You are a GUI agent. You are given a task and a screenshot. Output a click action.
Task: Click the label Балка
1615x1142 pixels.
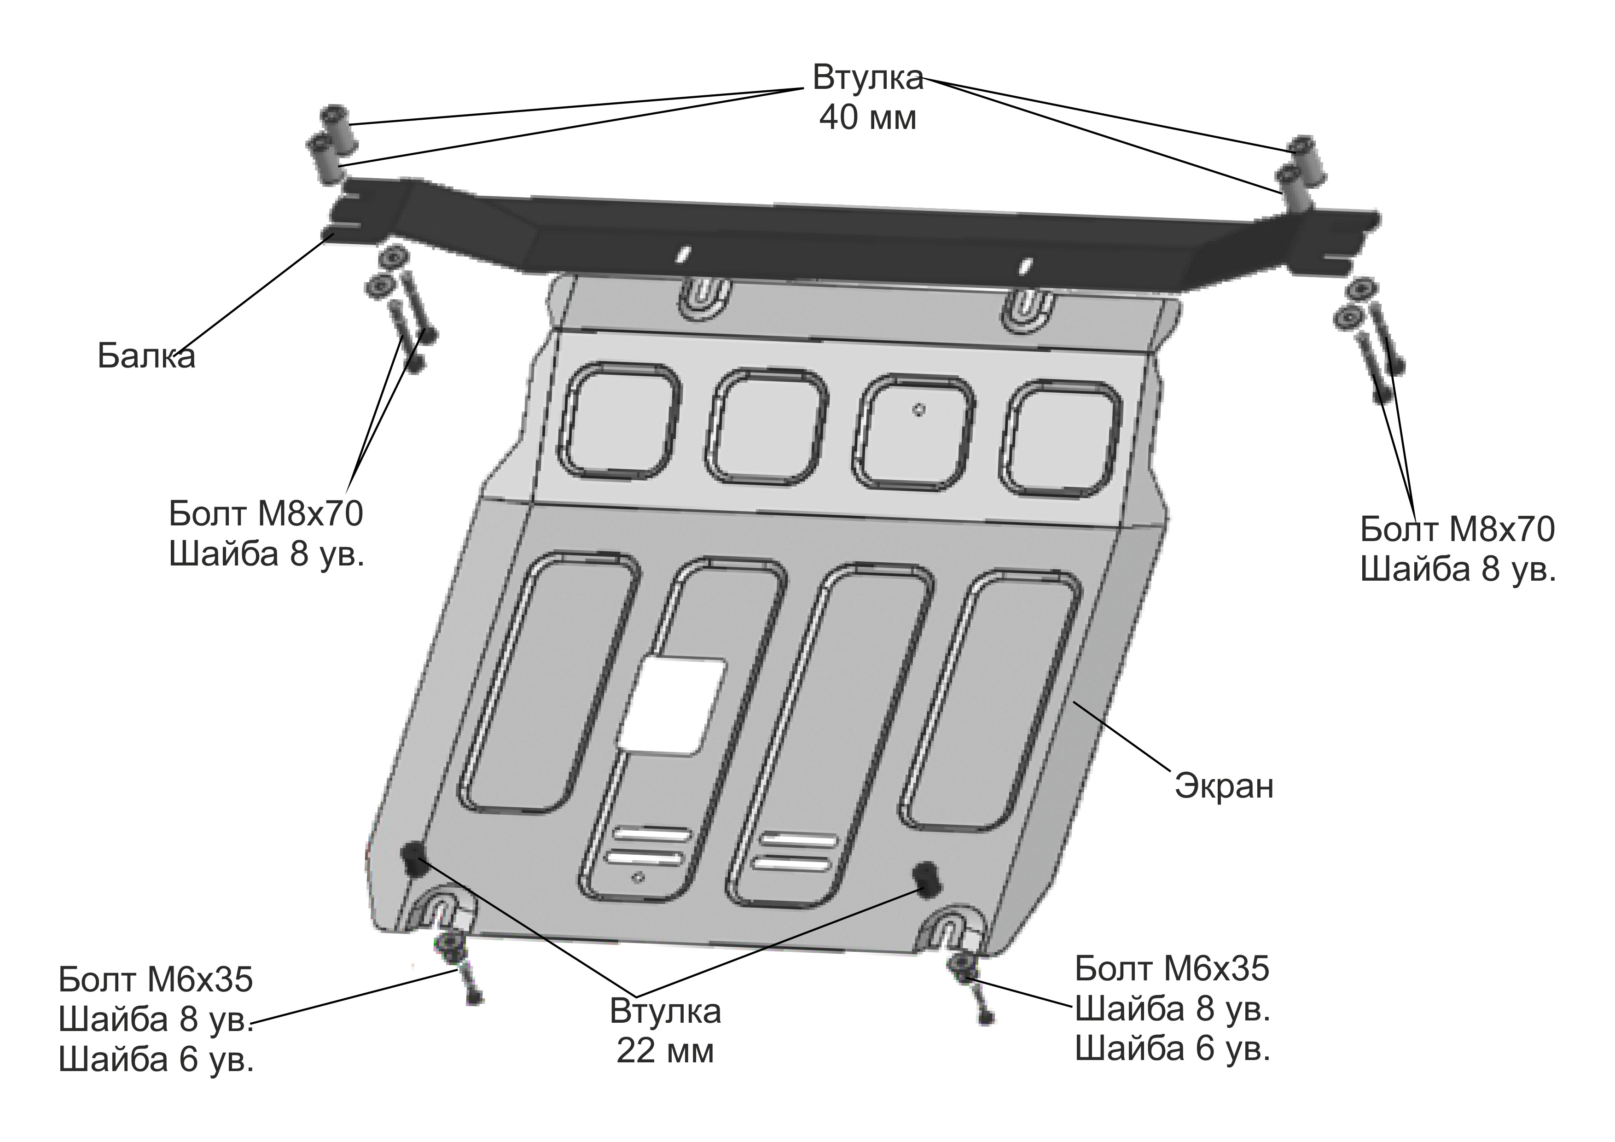point(146,357)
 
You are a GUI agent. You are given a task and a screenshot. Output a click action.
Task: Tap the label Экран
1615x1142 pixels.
point(1224,786)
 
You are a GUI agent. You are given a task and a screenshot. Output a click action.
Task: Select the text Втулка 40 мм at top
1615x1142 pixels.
point(867,98)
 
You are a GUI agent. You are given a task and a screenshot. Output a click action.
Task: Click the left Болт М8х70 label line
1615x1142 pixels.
point(266,514)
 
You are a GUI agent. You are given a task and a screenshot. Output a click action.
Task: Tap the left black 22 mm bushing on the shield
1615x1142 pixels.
point(413,857)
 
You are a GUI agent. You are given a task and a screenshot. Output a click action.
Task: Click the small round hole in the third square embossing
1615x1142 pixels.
point(919,409)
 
